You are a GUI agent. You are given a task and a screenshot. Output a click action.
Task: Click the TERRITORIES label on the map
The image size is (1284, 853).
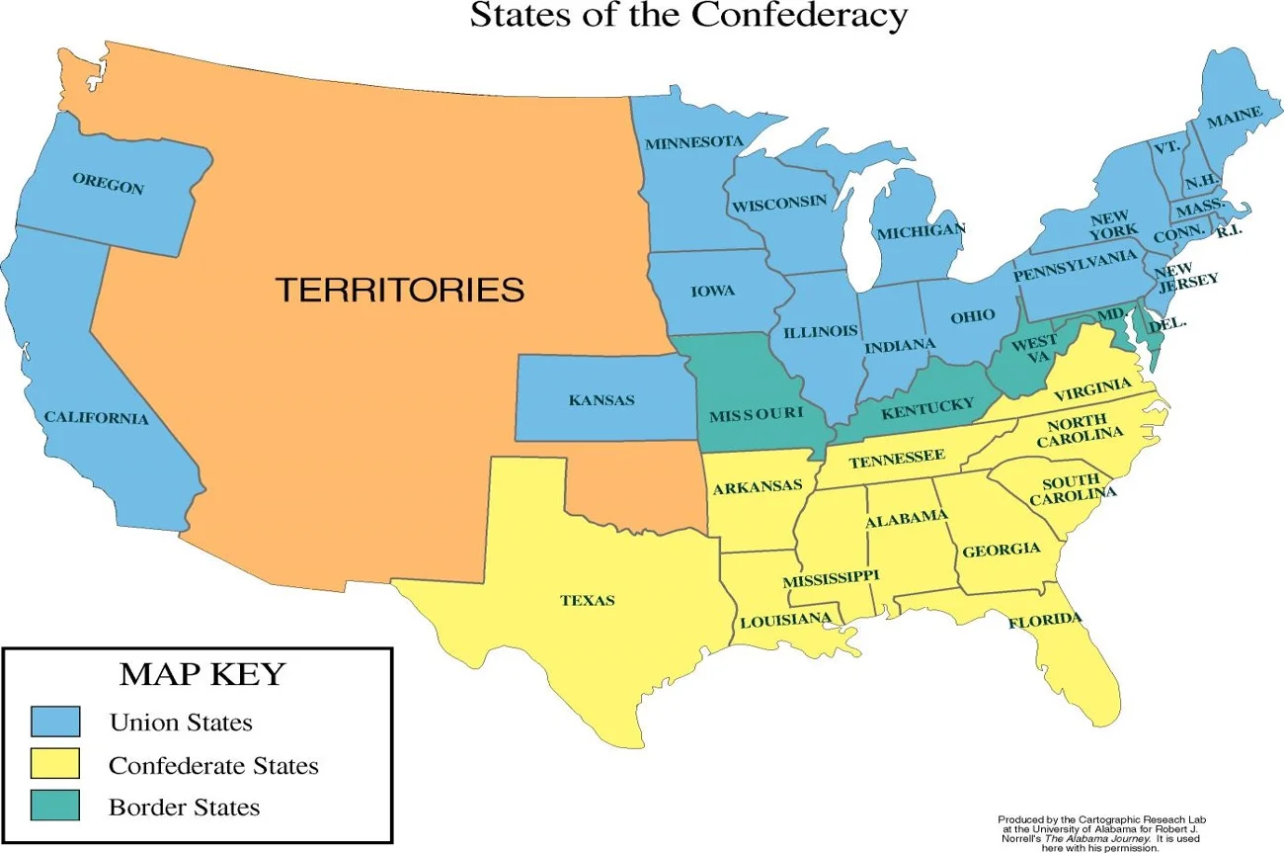(x=399, y=290)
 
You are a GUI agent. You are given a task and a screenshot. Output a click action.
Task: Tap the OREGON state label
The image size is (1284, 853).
(x=108, y=183)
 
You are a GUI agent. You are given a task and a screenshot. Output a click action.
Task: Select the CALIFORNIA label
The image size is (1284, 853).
(x=96, y=418)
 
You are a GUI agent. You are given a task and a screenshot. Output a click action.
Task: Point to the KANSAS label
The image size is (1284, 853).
(x=602, y=400)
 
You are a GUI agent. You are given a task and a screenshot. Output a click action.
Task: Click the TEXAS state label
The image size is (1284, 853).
(x=588, y=600)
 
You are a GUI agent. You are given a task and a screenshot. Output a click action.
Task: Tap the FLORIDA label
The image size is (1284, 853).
(x=1045, y=621)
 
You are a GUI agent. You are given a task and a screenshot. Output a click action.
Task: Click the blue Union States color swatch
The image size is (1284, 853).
(x=55, y=722)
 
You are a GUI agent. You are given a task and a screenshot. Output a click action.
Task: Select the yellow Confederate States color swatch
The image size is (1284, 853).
(x=55, y=764)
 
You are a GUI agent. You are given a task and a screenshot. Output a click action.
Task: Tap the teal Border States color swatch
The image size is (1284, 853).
(x=55, y=807)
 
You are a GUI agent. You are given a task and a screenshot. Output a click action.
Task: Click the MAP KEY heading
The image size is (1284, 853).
(x=201, y=675)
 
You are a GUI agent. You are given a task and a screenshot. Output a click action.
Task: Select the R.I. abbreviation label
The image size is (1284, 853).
(x=1229, y=230)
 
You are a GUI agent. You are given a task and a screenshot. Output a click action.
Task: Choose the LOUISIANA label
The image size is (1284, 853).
(x=785, y=620)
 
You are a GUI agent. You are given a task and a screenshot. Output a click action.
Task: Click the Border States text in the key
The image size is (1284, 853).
(x=184, y=808)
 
